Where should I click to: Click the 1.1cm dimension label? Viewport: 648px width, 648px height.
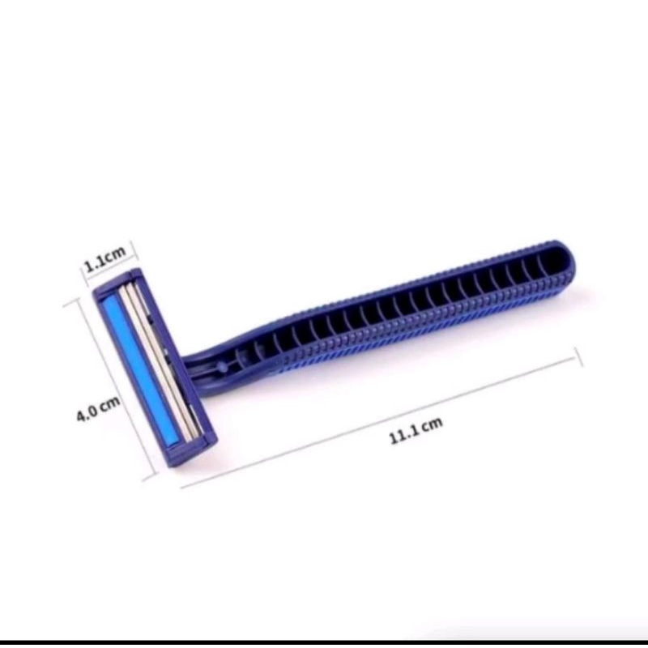tap(104, 258)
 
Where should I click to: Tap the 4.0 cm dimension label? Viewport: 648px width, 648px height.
tap(98, 408)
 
